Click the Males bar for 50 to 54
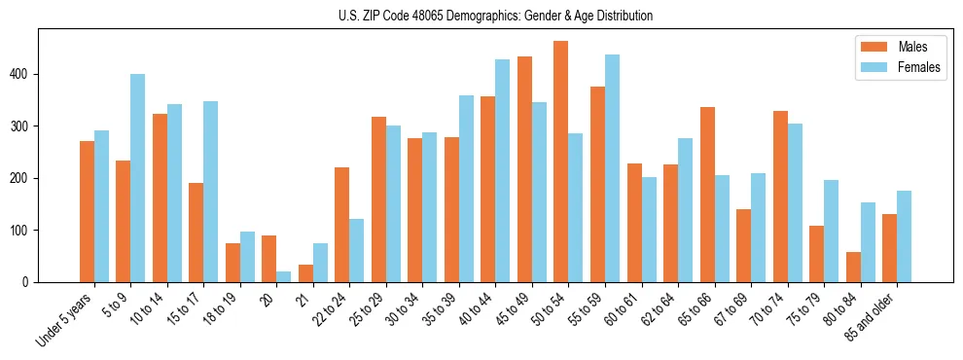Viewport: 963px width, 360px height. click(x=561, y=162)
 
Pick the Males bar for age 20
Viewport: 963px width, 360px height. click(x=269, y=259)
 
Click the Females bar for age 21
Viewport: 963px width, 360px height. click(x=320, y=263)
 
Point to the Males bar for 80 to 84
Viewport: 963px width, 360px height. click(x=853, y=268)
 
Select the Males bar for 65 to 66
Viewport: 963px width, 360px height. click(x=707, y=195)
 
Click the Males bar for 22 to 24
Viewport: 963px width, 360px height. click(x=342, y=225)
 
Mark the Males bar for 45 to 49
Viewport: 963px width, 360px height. click(x=524, y=169)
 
